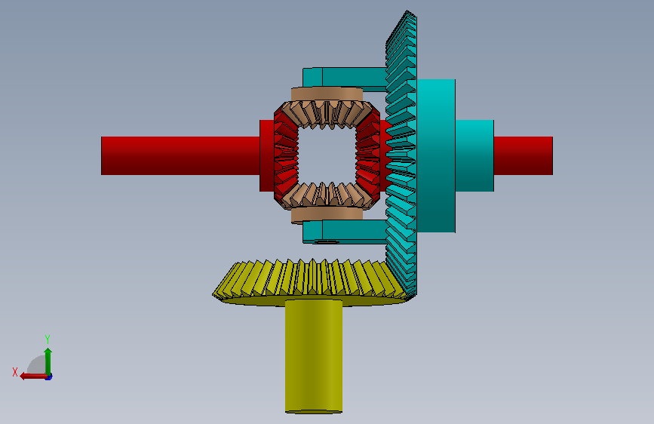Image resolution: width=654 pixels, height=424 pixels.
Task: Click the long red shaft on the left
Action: tap(180, 155)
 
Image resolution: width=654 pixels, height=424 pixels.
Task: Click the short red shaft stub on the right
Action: tap(523, 155)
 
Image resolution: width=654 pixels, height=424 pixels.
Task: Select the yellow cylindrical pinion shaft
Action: tap(314, 356)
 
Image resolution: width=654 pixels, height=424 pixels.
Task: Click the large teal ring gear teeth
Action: tap(401, 155)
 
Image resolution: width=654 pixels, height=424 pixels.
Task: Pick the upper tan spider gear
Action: tap(327, 108)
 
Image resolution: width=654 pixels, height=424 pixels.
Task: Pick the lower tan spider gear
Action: tap(327, 203)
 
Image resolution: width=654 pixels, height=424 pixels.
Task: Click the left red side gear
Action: tap(286, 155)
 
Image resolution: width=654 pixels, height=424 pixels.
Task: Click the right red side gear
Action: tap(368, 155)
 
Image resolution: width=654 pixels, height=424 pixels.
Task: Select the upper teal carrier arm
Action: tap(345, 78)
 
